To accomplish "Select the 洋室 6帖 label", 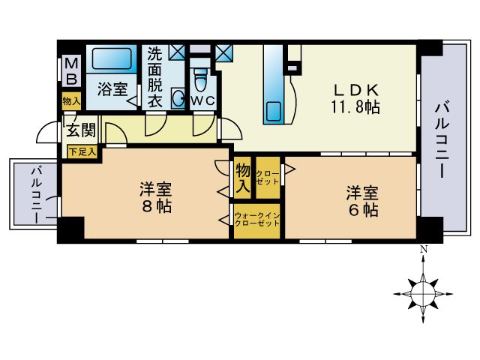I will (x=361, y=200).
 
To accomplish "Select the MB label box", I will (x=72, y=72).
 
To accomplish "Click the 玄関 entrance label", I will (x=81, y=130).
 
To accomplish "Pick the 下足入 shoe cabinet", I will (x=82, y=151).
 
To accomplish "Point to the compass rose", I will (x=424, y=288).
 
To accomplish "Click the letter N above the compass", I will (x=424, y=250).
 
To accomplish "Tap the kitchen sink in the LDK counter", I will (x=272, y=110).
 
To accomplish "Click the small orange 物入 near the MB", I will (x=72, y=100).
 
